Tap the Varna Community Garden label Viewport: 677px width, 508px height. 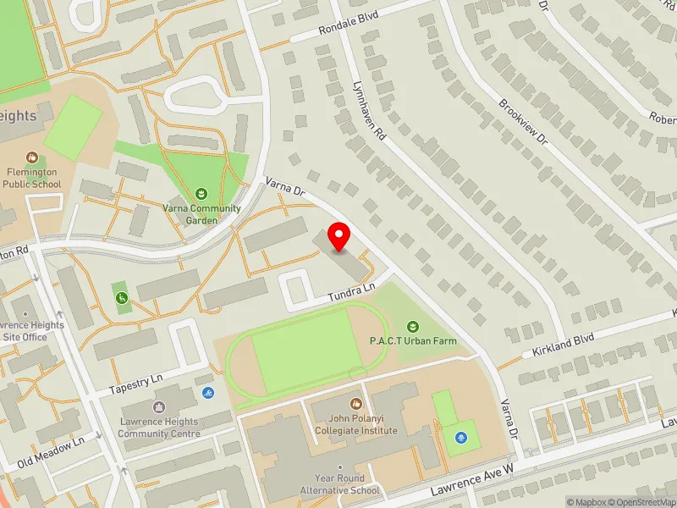pos(201,214)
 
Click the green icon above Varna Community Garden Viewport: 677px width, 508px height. pos(201,194)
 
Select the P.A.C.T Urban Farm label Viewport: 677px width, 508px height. pos(412,341)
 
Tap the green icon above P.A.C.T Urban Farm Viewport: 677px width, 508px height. pos(412,326)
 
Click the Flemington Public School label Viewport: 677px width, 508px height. pos(31,178)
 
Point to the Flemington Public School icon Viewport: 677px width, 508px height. pos(31,157)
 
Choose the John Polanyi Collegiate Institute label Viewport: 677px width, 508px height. pos(355,424)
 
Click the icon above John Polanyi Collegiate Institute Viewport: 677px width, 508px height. pos(355,404)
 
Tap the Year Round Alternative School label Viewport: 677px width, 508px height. pos(339,484)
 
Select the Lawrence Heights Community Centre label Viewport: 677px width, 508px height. pos(158,428)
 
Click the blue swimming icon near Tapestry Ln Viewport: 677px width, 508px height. pos(208,393)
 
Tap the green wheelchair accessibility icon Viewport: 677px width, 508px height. pos(122,297)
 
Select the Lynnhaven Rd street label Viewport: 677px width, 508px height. pos(370,110)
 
